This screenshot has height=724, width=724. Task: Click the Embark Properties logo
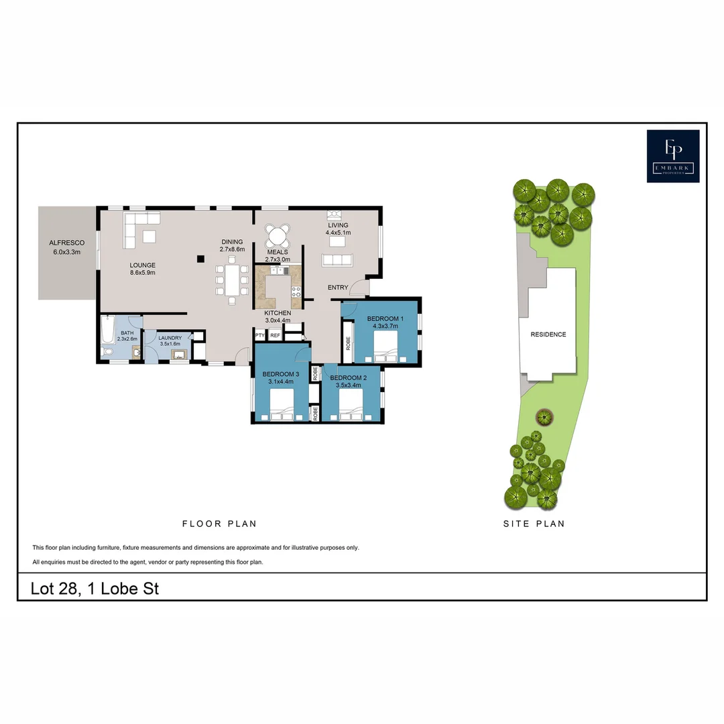pyautogui.click(x=672, y=156)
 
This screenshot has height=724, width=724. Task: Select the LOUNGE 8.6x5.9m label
pyautogui.click(x=142, y=269)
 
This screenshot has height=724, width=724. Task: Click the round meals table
pyautogui.click(x=278, y=235)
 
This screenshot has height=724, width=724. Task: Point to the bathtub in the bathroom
pyautogui.click(x=108, y=329)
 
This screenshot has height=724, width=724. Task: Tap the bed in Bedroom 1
pyautogui.click(x=385, y=349)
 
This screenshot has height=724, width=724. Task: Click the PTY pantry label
pyautogui.click(x=259, y=336)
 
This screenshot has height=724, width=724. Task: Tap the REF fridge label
pyautogui.click(x=275, y=336)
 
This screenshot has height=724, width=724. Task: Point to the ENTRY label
pyautogui.click(x=338, y=288)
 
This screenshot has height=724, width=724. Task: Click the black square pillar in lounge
pyautogui.click(x=200, y=258)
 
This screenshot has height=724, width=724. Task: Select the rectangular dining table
pyautogui.click(x=232, y=280)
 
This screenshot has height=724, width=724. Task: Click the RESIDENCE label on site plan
pyautogui.click(x=548, y=335)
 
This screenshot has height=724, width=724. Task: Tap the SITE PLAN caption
pyautogui.click(x=534, y=524)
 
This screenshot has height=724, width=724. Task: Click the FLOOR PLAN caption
pyautogui.click(x=219, y=524)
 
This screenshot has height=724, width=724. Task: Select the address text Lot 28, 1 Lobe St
pyautogui.click(x=95, y=589)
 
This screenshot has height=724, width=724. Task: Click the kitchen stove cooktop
pyautogui.click(x=294, y=292)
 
